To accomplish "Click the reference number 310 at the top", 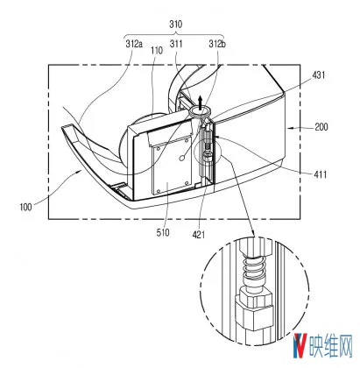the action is (x=175, y=25).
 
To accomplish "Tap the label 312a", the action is (x=134, y=44).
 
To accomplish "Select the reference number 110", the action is (x=157, y=51).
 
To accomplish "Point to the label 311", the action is (x=176, y=44).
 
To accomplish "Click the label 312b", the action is (x=217, y=44).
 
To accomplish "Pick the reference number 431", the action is (x=318, y=75).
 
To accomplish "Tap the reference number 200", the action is (x=321, y=127).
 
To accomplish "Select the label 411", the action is (x=320, y=174).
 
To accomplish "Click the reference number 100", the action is (x=25, y=207).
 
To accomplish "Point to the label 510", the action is (x=163, y=232).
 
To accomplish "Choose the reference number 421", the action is (x=199, y=234).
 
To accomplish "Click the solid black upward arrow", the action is (x=200, y=102).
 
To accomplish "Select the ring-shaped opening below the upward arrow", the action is (x=199, y=111).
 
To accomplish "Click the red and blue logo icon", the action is (x=300, y=346).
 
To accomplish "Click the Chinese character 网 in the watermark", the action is (x=345, y=346).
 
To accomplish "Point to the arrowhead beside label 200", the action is (x=289, y=127).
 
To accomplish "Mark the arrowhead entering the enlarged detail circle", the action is (x=253, y=233).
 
